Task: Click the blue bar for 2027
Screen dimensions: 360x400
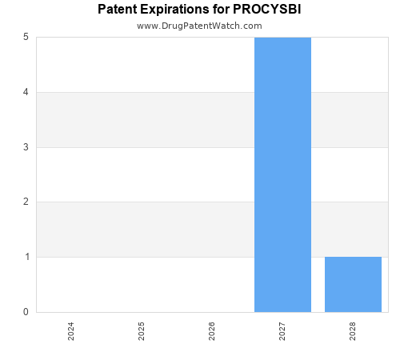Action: (282, 174)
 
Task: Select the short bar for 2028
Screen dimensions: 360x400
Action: (353, 284)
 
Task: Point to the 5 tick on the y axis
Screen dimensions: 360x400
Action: (26, 38)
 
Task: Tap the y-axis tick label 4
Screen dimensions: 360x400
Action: (26, 92)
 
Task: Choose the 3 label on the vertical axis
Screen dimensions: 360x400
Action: (26, 147)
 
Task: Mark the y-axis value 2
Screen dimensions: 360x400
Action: (26, 202)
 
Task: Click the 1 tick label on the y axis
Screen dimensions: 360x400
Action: (26, 257)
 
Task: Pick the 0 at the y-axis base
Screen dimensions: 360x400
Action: (26, 312)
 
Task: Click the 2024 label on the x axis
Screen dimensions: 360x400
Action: (71, 331)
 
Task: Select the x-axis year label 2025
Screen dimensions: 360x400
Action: (142, 331)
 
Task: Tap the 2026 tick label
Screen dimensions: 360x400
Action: (212, 331)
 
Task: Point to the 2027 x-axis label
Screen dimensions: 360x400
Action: (282, 331)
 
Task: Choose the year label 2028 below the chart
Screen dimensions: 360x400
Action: (353, 331)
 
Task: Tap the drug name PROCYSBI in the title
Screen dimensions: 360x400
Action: (268, 10)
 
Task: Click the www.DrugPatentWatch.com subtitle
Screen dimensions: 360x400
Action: (199, 26)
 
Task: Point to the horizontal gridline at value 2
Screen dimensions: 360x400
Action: (144, 202)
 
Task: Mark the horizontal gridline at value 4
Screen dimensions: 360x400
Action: (144, 92)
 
